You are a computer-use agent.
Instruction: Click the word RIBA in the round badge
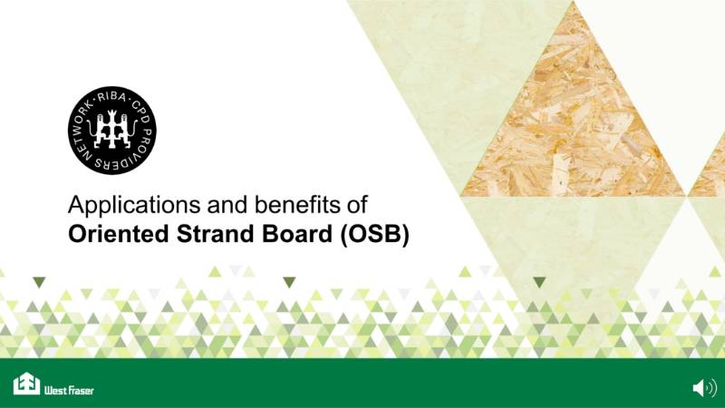tap(113, 94)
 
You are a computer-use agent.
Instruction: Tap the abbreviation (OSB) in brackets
tap(375, 234)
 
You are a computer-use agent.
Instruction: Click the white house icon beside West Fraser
tap(26, 384)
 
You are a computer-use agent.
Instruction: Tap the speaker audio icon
tap(704, 388)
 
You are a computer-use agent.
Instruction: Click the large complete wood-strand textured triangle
tap(572, 127)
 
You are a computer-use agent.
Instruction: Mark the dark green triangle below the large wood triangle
tap(539, 282)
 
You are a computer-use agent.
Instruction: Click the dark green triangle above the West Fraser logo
tap(39, 282)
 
